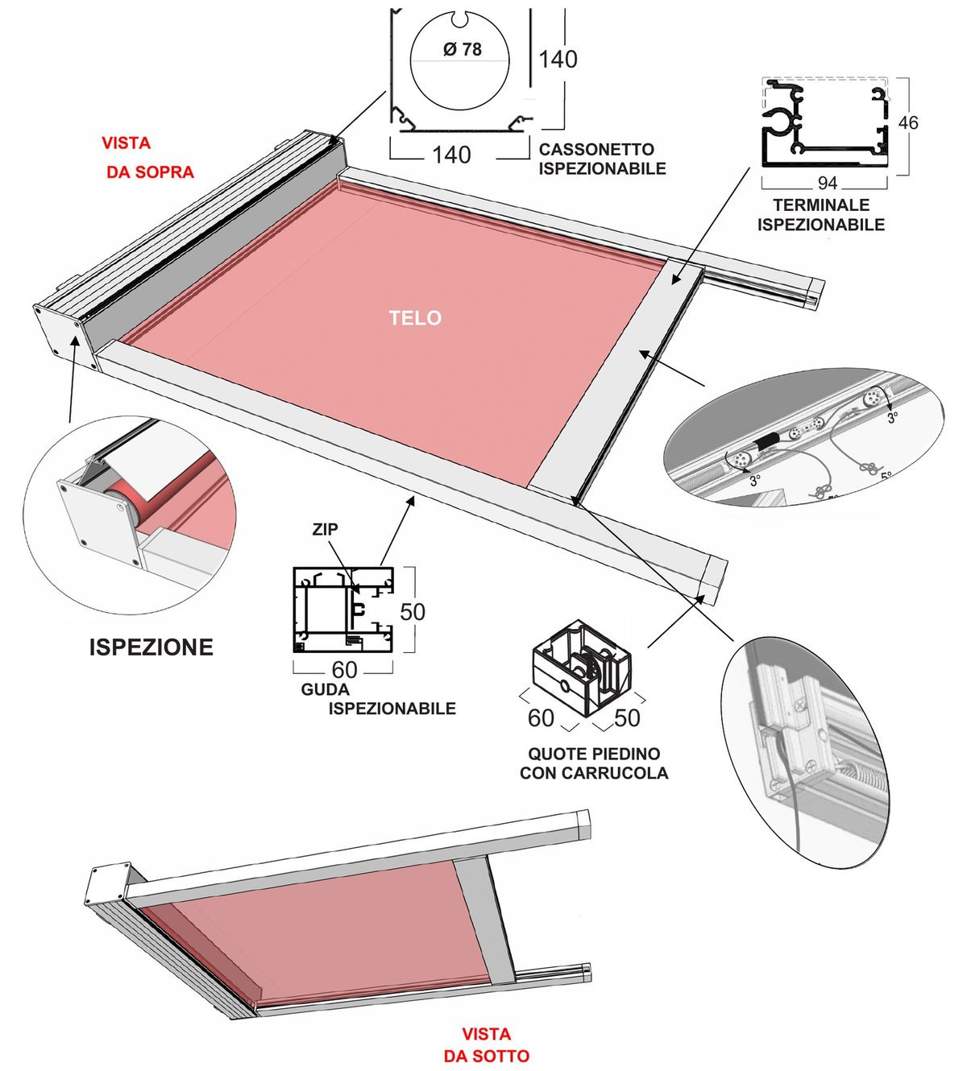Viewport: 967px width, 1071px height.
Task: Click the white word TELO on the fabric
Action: coord(415,317)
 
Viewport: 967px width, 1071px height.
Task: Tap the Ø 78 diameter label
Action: coord(462,50)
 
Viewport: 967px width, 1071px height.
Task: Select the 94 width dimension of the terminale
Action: coord(827,183)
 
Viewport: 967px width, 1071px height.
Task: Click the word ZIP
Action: coord(325,529)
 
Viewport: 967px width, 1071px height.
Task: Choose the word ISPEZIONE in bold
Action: coord(151,647)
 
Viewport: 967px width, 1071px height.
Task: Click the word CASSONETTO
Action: coord(596,149)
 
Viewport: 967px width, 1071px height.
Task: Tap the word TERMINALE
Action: coord(821,205)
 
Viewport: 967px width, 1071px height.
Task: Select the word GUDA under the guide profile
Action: coord(326,689)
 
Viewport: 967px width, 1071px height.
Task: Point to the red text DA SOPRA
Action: coord(150,172)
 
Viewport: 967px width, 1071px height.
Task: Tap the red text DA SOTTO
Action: coord(486,1056)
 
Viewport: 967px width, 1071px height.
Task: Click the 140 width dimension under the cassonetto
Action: coord(451,155)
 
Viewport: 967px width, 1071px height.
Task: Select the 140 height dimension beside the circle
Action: coord(558,59)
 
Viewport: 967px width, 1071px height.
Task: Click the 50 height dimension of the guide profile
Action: coord(413,612)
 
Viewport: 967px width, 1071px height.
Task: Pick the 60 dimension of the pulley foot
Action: coord(541,718)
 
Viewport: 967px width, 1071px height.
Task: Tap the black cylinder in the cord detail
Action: coord(767,443)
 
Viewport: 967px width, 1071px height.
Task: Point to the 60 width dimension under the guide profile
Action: coord(344,669)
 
